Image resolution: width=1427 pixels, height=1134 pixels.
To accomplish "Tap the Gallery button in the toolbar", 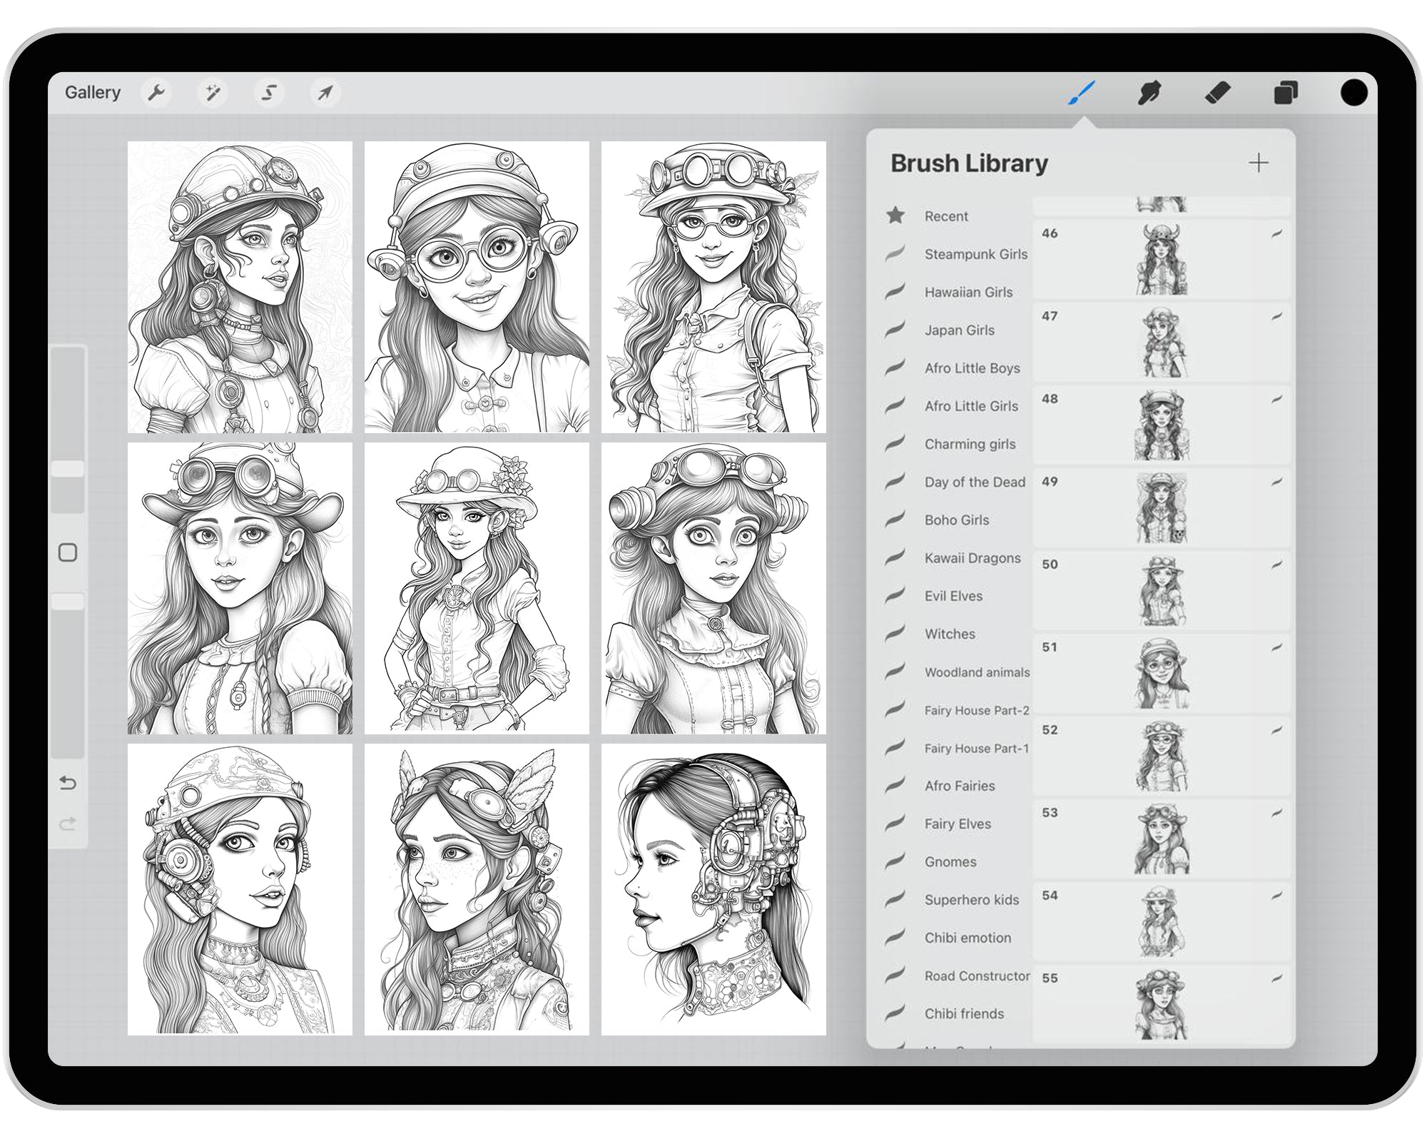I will [x=93, y=93].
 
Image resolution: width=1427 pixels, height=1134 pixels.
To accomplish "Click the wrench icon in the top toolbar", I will [x=156, y=93].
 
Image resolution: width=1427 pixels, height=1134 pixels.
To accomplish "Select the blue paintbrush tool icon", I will [x=1082, y=93].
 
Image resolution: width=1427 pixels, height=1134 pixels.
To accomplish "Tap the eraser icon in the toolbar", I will [x=1218, y=93].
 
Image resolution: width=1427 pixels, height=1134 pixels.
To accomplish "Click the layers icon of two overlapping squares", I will [x=1286, y=93].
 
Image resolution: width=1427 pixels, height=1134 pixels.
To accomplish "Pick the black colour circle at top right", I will [x=1354, y=93].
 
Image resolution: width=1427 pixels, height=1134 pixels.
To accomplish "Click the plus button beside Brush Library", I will [x=1259, y=163].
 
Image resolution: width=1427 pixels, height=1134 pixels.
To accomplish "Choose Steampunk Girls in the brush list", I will [x=975, y=254].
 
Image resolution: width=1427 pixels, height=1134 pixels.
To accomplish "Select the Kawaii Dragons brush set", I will [x=972, y=558].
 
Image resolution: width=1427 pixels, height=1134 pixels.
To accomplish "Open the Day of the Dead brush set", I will [x=975, y=482].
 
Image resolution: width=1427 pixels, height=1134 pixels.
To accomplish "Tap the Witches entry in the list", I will [x=950, y=634].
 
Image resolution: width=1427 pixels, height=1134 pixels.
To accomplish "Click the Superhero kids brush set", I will [x=971, y=900].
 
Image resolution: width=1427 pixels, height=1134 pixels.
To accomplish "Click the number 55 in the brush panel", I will [x=1050, y=978].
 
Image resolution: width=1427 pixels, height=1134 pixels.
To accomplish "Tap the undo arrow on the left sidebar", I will [x=68, y=784].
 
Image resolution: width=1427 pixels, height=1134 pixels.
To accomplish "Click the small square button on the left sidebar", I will [x=68, y=552].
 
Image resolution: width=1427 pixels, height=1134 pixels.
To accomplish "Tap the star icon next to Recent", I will [x=895, y=216].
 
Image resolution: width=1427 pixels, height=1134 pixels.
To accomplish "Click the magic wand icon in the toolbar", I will [x=213, y=93].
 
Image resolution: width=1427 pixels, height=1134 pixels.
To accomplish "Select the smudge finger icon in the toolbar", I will [x=1149, y=93].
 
